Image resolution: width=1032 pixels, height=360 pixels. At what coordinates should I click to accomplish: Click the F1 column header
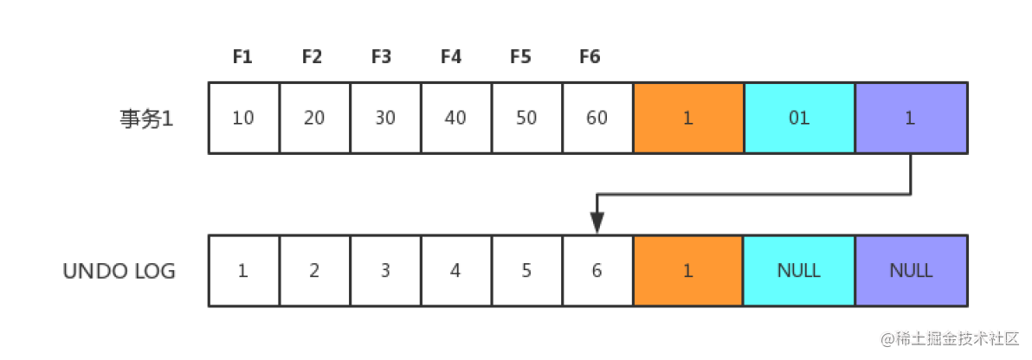click(242, 57)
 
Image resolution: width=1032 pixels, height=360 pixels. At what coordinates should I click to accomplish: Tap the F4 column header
click(451, 57)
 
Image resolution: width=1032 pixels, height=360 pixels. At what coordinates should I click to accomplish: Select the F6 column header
click(590, 57)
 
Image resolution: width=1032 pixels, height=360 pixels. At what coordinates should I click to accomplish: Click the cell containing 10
click(243, 118)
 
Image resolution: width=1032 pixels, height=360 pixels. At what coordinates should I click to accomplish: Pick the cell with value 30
click(385, 118)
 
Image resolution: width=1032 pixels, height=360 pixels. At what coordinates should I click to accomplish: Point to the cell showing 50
click(526, 118)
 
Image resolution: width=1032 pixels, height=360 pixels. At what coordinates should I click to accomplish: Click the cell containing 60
click(597, 118)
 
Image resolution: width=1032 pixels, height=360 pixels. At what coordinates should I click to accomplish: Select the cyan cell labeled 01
click(799, 118)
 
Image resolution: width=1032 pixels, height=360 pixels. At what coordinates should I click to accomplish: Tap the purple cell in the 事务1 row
click(911, 118)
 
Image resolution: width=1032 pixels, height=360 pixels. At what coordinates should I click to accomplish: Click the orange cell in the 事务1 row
click(688, 118)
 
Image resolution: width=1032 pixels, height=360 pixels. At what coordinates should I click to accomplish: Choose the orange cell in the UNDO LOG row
click(688, 271)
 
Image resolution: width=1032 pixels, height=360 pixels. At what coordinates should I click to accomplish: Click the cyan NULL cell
click(799, 271)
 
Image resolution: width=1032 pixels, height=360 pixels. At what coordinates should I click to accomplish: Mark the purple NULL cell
click(911, 271)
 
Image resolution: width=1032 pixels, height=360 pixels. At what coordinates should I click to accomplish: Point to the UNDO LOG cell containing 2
click(314, 271)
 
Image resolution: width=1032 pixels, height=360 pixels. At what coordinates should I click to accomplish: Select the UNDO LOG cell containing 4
click(455, 271)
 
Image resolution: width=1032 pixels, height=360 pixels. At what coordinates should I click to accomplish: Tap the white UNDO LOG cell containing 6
click(597, 271)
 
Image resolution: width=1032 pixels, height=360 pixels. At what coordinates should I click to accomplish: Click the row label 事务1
click(147, 119)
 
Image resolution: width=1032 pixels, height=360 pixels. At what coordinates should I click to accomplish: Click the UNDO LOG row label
click(119, 271)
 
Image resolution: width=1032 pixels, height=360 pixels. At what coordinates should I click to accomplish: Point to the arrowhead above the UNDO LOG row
click(597, 224)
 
